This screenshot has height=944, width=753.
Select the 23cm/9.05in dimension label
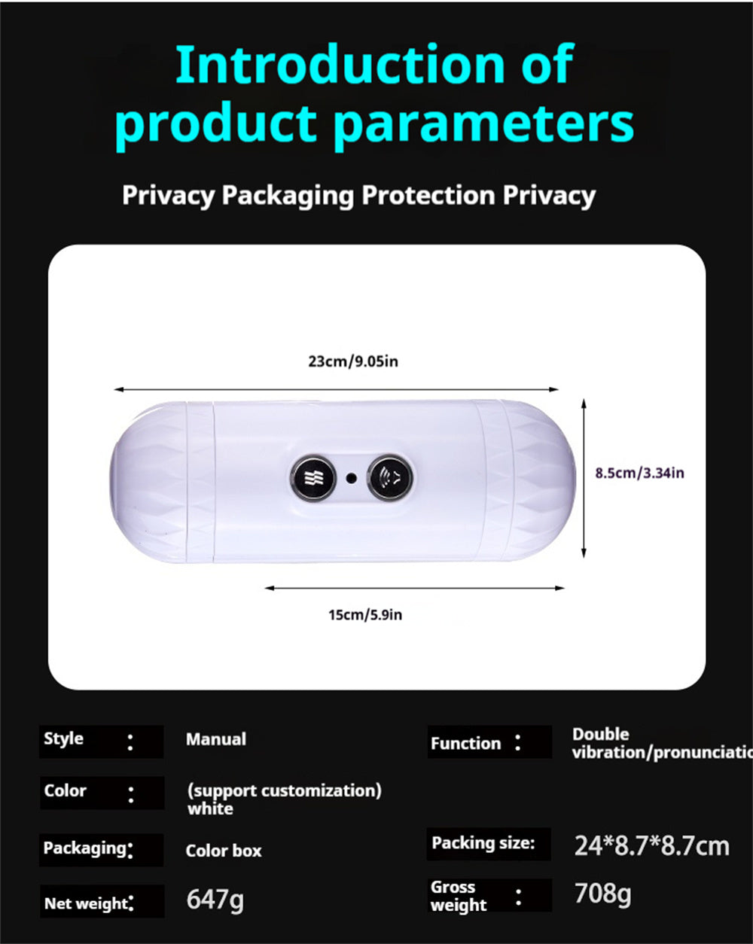pos(352,361)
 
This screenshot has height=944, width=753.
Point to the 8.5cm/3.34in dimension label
pos(639,474)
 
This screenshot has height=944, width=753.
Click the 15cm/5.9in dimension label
pos(364,615)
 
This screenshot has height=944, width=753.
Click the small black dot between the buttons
pos(351,477)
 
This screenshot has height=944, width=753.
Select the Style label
pos(64,739)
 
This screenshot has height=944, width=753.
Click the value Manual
pos(216,740)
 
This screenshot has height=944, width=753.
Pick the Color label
pos(66,791)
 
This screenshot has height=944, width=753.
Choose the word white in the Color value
pos(210,809)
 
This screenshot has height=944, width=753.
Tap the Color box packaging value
pos(224,851)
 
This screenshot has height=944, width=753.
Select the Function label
pos(465,744)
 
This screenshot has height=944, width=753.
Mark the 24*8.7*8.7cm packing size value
pos(651,846)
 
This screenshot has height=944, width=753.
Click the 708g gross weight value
pos(602,894)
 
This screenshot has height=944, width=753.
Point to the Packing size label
pos(483,843)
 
